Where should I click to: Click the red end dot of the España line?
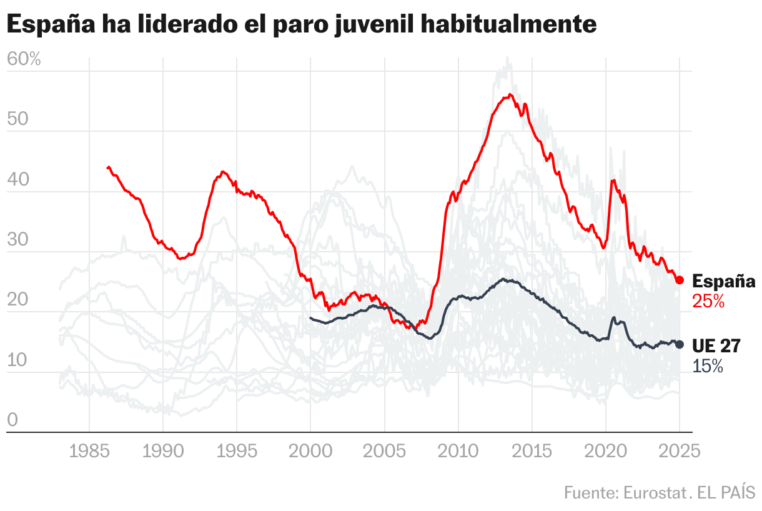(x=680, y=280)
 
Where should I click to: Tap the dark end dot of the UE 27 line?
(x=680, y=344)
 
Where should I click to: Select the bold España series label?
(x=724, y=281)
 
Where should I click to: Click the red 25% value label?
(x=708, y=302)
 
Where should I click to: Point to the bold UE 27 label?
(x=716, y=346)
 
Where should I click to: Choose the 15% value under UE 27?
(x=708, y=366)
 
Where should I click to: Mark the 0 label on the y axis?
(x=12, y=421)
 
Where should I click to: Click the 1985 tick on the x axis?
(x=89, y=450)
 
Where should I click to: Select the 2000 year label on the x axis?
(x=310, y=450)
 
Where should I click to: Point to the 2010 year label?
(x=458, y=450)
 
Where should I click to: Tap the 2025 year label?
(x=680, y=450)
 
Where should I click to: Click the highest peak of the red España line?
(x=510, y=94)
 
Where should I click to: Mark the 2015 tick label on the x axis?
(x=532, y=450)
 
